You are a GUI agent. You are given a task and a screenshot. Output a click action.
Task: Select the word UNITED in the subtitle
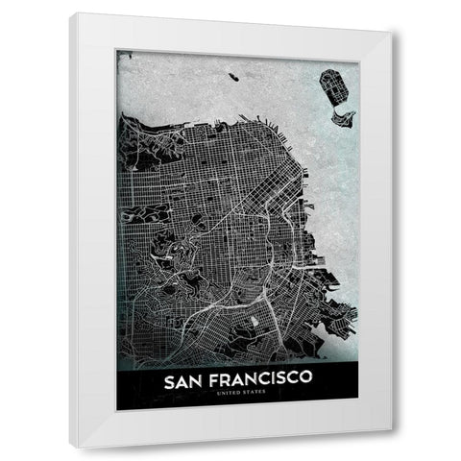click(x=222, y=401)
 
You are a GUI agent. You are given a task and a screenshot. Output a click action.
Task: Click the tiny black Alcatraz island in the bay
click(x=234, y=75)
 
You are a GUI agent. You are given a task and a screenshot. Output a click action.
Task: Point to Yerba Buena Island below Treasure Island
click(x=344, y=118)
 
